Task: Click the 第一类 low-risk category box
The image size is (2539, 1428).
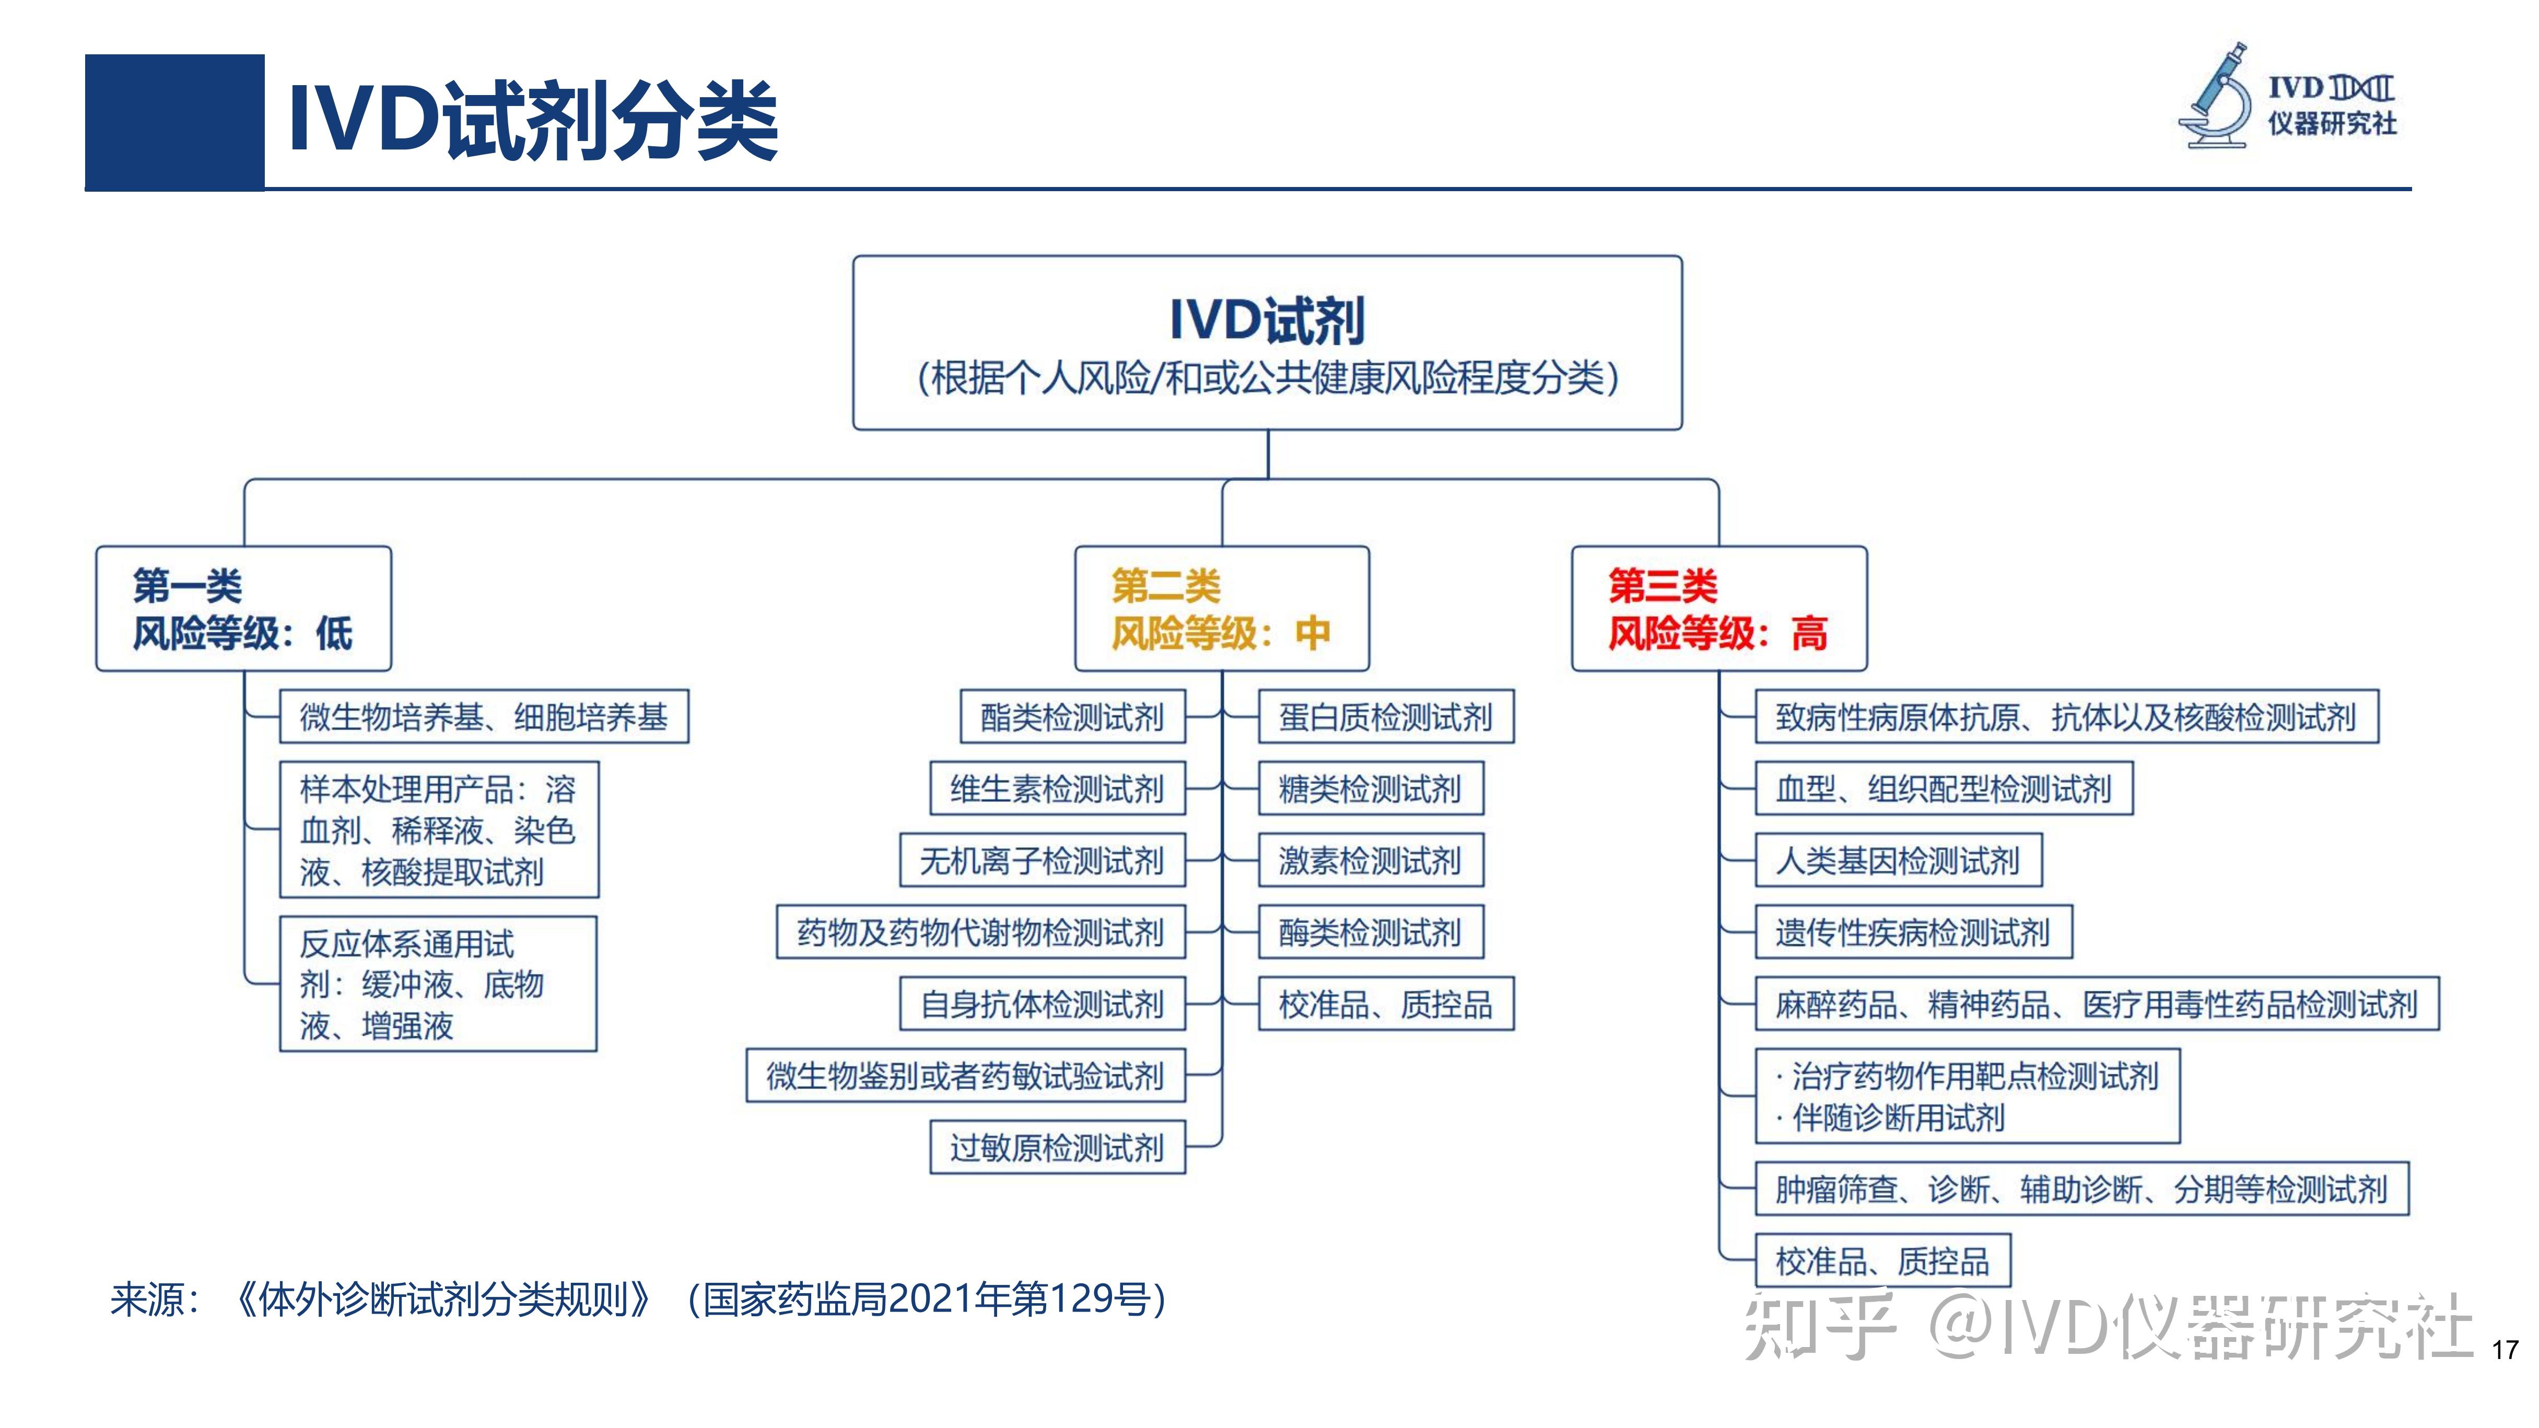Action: point(243,609)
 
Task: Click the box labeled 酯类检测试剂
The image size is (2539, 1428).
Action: point(1072,717)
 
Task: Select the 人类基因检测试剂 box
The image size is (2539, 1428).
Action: point(1898,860)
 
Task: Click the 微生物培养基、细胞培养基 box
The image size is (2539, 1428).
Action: point(484,717)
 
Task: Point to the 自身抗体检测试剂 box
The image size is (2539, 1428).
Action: point(1042,1004)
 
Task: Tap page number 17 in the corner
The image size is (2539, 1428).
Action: point(2505,1349)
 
